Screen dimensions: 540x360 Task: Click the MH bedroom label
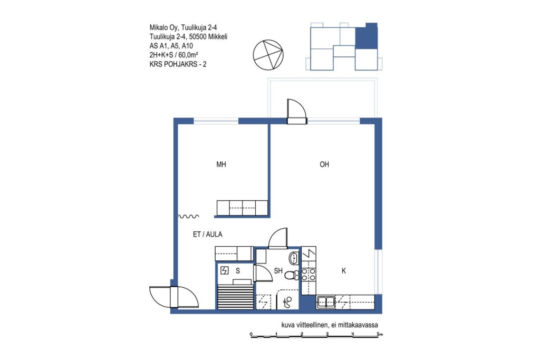coord(221,164)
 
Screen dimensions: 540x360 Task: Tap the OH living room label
coord(324,164)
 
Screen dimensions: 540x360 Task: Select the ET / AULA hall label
coord(207,235)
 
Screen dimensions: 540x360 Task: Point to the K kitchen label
coord(343,271)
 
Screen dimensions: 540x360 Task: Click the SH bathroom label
coord(278,271)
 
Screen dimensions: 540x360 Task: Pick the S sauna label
coord(238,271)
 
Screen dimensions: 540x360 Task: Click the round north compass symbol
coord(268,55)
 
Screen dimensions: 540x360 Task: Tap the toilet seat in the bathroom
coord(291,275)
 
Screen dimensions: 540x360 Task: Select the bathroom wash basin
coord(294,257)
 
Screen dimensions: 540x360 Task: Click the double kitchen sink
coord(326,302)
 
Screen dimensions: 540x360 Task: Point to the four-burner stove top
coord(308,275)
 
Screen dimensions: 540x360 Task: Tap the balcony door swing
coord(296,111)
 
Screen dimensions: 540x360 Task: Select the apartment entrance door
coord(174,297)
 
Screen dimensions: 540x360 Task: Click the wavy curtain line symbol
coord(188,217)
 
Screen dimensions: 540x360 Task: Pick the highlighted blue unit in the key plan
coord(367,37)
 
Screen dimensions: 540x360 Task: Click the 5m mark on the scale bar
coord(380,334)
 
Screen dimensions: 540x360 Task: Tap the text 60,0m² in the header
coord(188,55)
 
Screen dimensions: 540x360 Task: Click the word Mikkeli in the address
coord(218,36)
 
